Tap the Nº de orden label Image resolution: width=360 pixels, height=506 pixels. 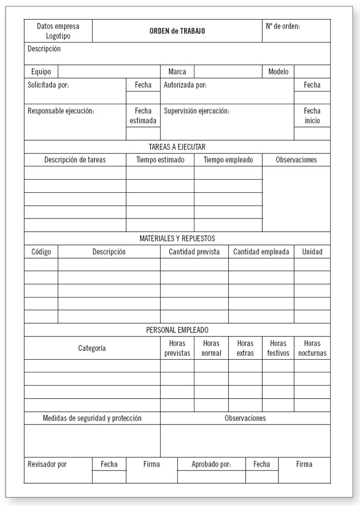(x=283, y=26)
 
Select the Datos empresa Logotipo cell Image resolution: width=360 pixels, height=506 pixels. (x=58, y=31)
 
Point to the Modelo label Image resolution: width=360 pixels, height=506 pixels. (x=278, y=72)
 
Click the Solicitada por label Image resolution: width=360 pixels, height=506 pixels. (x=48, y=85)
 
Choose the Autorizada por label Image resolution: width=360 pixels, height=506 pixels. (x=185, y=85)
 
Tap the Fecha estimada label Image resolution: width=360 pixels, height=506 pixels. (x=143, y=116)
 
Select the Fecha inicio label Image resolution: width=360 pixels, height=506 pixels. (x=312, y=116)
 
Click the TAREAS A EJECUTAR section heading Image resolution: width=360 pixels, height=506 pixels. (x=177, y=147)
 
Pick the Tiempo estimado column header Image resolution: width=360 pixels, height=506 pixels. (x=160, y=160)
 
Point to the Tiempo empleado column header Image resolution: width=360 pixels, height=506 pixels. (x=228, y=160)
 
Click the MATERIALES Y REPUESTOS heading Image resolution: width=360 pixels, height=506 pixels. (x=177, y=238)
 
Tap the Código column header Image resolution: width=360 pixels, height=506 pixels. (x=41, y=251)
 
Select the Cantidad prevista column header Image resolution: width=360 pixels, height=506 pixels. (x=194, y=251)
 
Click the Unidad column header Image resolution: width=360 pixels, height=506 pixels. (x=312, y=251)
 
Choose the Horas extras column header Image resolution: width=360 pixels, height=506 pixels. (x=245, y=348)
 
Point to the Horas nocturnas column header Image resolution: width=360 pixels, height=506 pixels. (x=312, y=348)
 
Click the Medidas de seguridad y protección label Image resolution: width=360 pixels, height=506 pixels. (x=92, y=418)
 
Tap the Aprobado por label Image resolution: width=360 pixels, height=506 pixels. (x=211, y=464)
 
